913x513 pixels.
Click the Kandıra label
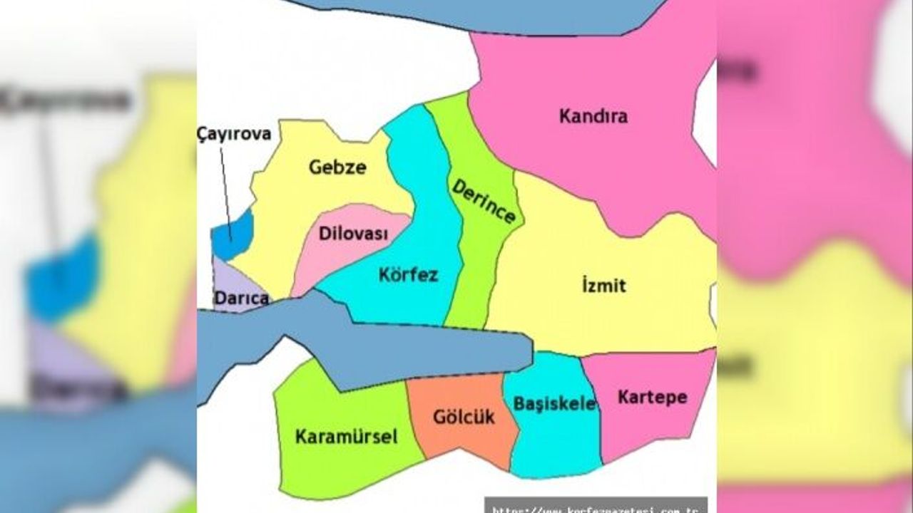tap(593, 116)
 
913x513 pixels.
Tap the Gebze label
tap(337, 167)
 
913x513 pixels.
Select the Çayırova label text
tap(234, 134)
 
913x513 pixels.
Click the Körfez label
tap(409, 274)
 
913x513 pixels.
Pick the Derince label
tap(484, 200)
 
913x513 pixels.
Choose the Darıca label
tap(240, 298)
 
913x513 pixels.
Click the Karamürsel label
tap(346, 436)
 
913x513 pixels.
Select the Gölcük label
tap(464, 417)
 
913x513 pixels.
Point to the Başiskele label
tap(554, 404)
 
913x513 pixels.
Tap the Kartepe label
tap(652, 396)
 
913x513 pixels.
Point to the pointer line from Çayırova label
tap(225, 185)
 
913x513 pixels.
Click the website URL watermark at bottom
tap(596, 507)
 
